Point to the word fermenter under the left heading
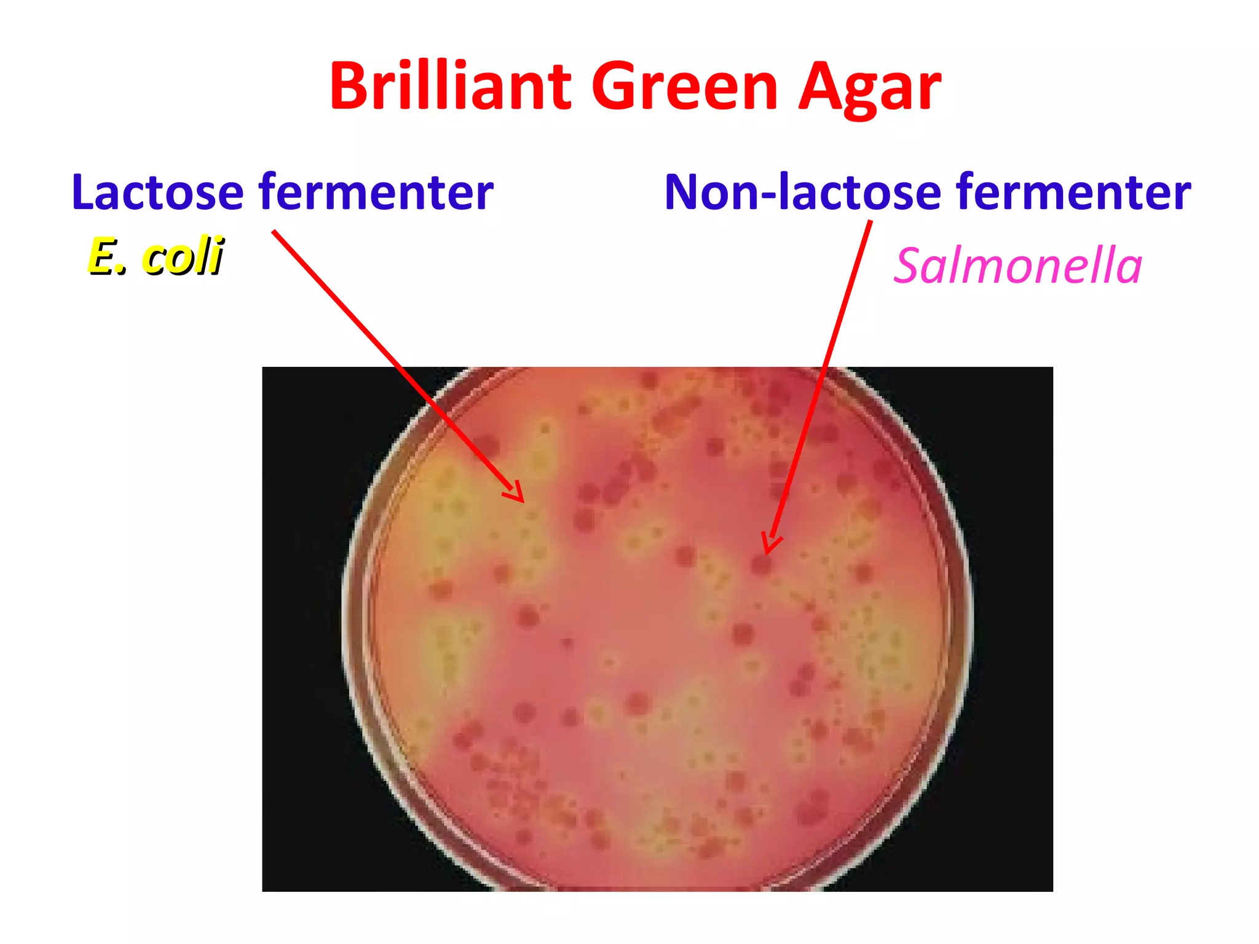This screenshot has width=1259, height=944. (376, 192)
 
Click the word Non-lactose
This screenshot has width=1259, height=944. (802, 192)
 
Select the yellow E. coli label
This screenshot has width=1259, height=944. (156, 256)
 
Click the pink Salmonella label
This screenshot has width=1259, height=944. (1017, 265)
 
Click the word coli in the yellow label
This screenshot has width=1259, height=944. (183, 256)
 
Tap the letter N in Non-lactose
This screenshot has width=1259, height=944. (684, 192)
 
